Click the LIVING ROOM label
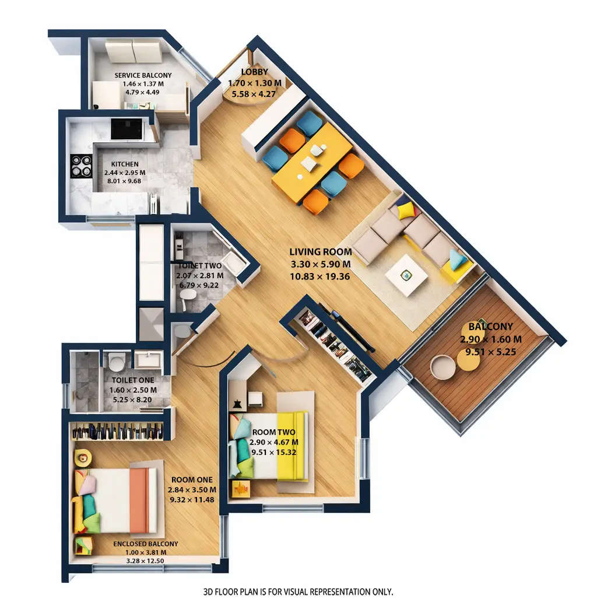click(320, 252)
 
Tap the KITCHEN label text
click(125, 164)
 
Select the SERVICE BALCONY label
click(143, 75)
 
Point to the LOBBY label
click(254, 73)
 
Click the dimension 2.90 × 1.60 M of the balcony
click(490, 339)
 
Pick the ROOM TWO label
click(273, 432)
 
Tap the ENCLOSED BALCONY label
click(146, 544)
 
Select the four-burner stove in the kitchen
click(81, 166)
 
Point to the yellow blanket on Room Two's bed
click(292, 446)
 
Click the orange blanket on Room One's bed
click(138, 500)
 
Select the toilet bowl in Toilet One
click(117, 362)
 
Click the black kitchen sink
click(126, 129)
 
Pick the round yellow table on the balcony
click(468, 360)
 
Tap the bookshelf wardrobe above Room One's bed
click(117, 432)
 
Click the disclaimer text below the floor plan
click(298, 591)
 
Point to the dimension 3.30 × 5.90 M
click(320, 264)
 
